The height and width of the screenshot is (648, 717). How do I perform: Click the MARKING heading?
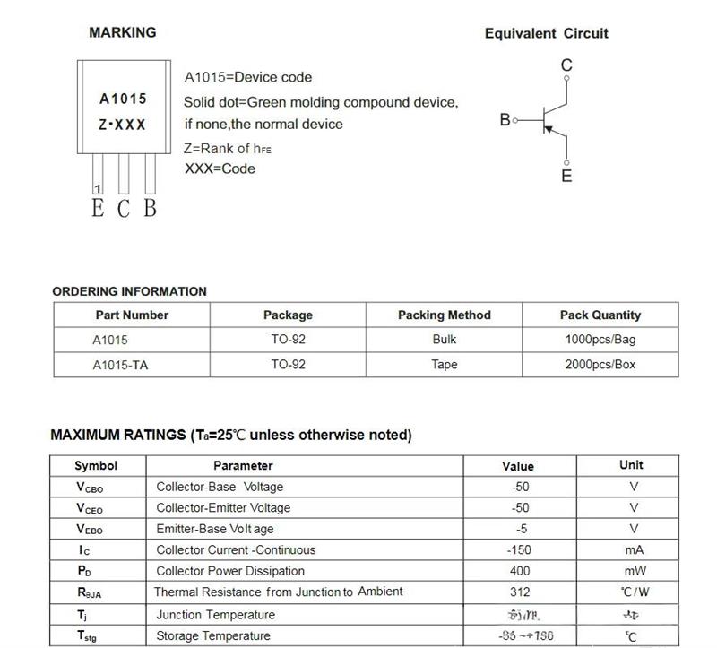point(122,32)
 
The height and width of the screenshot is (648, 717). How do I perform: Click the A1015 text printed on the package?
point(122,99)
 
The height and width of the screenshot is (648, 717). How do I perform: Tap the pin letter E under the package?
point(97,209)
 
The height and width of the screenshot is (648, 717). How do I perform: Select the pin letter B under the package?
point(150,209)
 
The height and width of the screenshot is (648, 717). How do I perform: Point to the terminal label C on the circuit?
point(566,65)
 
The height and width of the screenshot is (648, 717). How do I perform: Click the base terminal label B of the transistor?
point(505,120)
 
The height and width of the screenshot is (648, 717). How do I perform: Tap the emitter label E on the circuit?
point(566,177)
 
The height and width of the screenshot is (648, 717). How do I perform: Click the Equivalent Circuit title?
point(546,33)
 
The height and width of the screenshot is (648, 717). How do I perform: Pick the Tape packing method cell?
point(444,365)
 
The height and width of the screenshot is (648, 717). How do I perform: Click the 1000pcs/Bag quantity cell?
point(600,340)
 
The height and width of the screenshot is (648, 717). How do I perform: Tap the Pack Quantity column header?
point(600,315)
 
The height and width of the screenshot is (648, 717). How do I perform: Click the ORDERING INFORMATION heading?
point(129,291)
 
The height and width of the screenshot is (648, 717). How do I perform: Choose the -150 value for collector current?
point(519,550)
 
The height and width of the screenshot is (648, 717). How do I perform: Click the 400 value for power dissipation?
point(519,571)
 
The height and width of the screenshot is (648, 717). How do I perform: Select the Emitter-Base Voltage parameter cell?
point(215,529)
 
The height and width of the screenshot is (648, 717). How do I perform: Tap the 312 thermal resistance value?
point(519,592)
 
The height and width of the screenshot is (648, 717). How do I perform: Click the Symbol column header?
point(96,466)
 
